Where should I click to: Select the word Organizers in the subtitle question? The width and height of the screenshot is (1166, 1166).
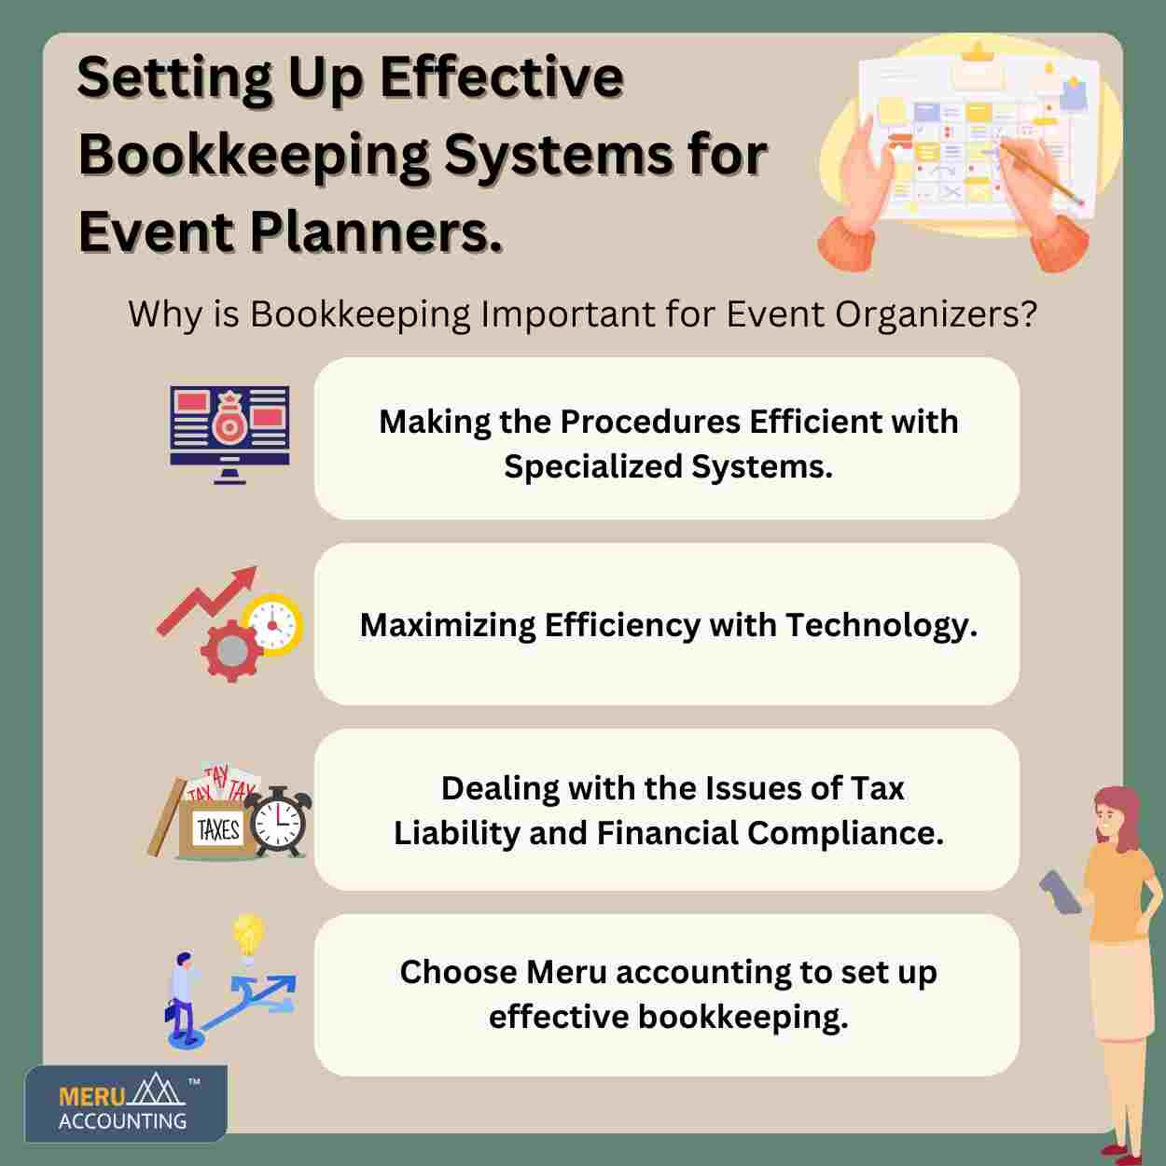pyautogui.click(x=937, y=315)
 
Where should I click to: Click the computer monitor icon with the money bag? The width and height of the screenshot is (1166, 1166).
pyautogui.click(x=229, y=435)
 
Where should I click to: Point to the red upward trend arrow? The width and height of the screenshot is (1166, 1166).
pyautogui.click(x=207, y=600)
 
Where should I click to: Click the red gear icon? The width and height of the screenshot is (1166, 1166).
pyautogui.click(x=231, y=652)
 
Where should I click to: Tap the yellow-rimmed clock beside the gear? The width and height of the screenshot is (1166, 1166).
pyautogui.click(x=272, y=624)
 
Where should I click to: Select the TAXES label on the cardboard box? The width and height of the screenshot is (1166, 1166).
pyautogui.click(x=218, y=829)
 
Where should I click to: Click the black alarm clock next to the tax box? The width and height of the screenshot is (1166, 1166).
pyautogui.click(x=278, y=822)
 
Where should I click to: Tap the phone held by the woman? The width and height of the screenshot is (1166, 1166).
pyautogui.click(x=1060, y=892)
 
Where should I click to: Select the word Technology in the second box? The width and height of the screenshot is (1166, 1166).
pyautogui.click(x=881, y=626)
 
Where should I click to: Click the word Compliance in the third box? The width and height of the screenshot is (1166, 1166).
pyautogui.click(x=846, y=833)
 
